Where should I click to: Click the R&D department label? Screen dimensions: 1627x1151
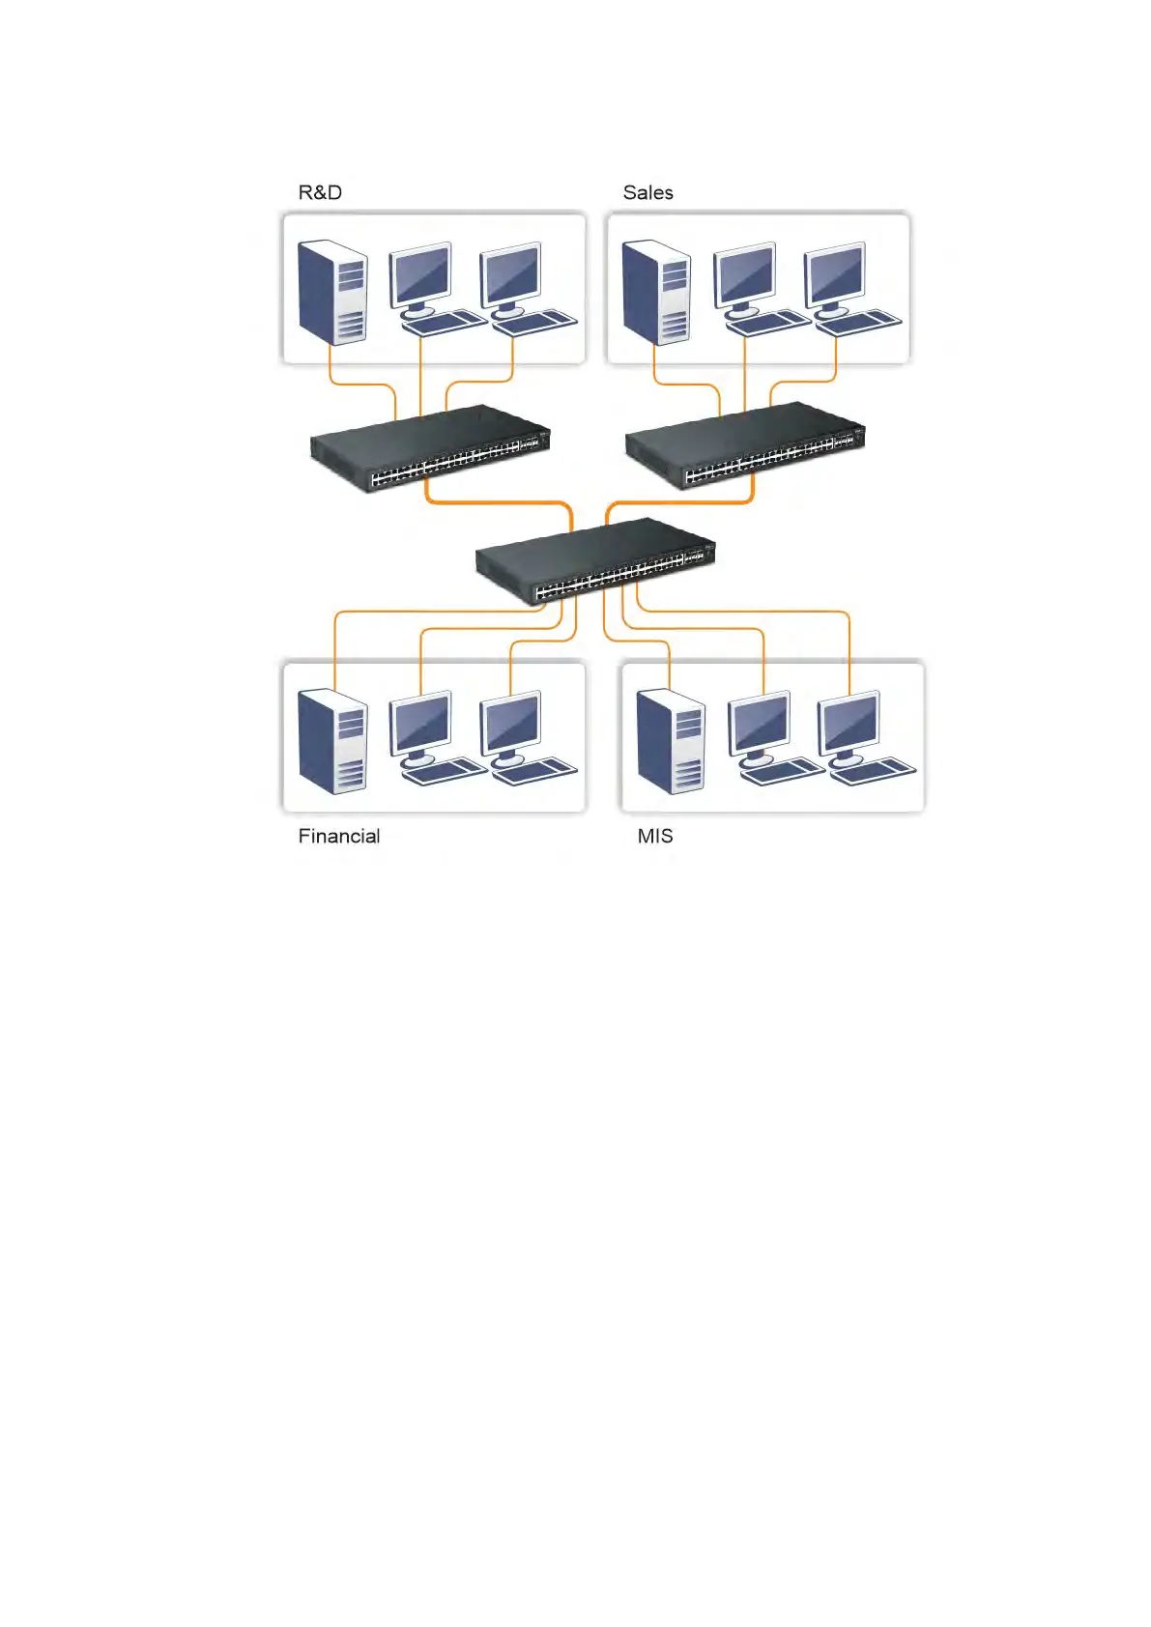click(320, 192)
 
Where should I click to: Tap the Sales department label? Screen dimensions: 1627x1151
click(647, 192)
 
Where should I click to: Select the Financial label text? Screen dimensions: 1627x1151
click(338, 836)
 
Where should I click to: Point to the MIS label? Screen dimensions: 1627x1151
click(654, 836)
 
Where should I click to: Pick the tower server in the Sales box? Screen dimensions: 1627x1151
click(657, 291)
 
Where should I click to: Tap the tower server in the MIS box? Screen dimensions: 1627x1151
click(671, 740)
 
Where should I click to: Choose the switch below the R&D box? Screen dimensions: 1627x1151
click(430, 448)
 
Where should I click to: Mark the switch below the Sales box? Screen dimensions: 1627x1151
click(745, 444)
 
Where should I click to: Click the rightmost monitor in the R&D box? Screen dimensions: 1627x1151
click(511, 275)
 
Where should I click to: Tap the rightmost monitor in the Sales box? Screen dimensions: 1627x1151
click(835, 275)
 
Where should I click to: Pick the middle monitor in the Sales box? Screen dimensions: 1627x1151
click(745, 275)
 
